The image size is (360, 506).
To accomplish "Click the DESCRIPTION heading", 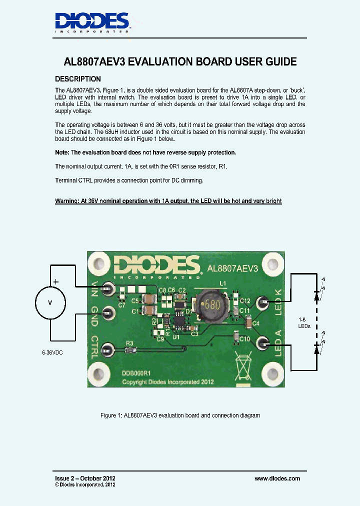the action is pos(77,79).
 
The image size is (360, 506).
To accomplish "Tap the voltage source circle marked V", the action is pos(49,302).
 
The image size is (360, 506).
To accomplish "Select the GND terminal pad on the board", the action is pos(106,313).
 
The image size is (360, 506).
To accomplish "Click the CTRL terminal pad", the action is pos(106,349).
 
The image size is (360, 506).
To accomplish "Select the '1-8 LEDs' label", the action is pos(304,322).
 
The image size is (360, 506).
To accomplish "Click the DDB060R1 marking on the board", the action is pos(136,372).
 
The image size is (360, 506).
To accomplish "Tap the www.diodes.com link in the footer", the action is pos(277,478).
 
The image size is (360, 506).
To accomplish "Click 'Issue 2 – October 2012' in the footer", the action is pos(85,478).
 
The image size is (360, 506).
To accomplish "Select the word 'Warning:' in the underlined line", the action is pos(68,201).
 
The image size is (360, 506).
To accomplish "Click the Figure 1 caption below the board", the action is pos(180,415).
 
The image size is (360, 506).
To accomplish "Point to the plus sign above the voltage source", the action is pos(55,282).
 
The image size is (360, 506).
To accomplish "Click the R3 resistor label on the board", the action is pos(129,343).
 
